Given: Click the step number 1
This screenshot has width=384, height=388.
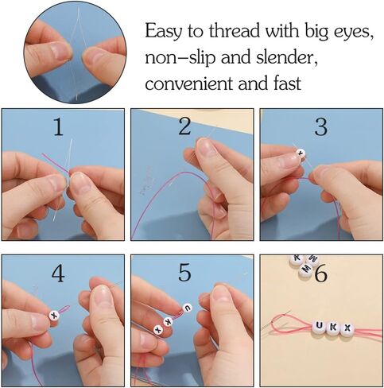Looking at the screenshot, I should click(x=56, y=127).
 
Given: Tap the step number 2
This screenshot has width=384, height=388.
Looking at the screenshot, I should click(x=184, y=126).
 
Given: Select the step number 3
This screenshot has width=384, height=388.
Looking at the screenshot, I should click(x=320, y=126).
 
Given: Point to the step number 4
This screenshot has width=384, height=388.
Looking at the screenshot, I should click(x=58, y=274).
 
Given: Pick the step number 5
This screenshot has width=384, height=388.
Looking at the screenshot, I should click(x=184, y=274).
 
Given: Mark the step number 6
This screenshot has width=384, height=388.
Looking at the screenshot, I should click(x=320, y=275).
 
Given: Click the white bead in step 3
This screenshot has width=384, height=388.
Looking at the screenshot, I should click(x=301, y=153).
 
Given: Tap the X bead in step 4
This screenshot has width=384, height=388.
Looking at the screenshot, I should click(x=53, y=316).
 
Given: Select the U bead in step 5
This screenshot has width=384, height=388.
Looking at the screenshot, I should click(x=188, y=308).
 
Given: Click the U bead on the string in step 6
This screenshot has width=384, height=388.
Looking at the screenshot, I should click(x=319, y=326).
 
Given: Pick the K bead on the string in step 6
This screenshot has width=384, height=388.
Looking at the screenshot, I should click(x=334, y=327).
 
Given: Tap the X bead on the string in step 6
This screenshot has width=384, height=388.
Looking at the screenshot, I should click(x=348, y=328).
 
